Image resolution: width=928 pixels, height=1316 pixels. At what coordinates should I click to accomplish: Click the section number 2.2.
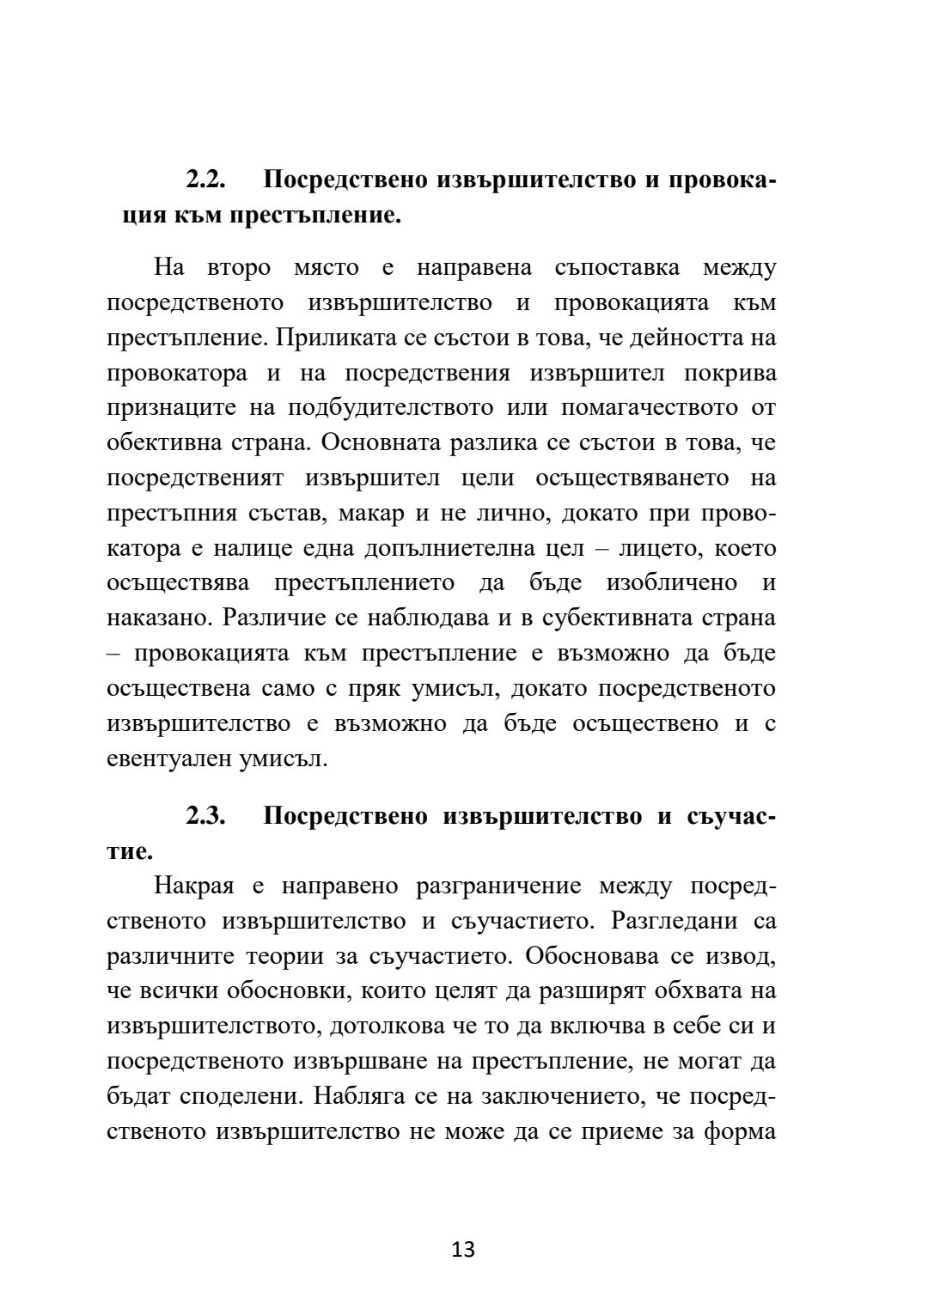coord(206,180)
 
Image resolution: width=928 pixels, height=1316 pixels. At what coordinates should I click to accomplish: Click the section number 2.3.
coord(206,816)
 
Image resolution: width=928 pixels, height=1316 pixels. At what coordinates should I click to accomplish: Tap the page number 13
coord(463,1249)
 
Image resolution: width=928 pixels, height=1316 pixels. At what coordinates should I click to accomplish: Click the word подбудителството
coord(403,409)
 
